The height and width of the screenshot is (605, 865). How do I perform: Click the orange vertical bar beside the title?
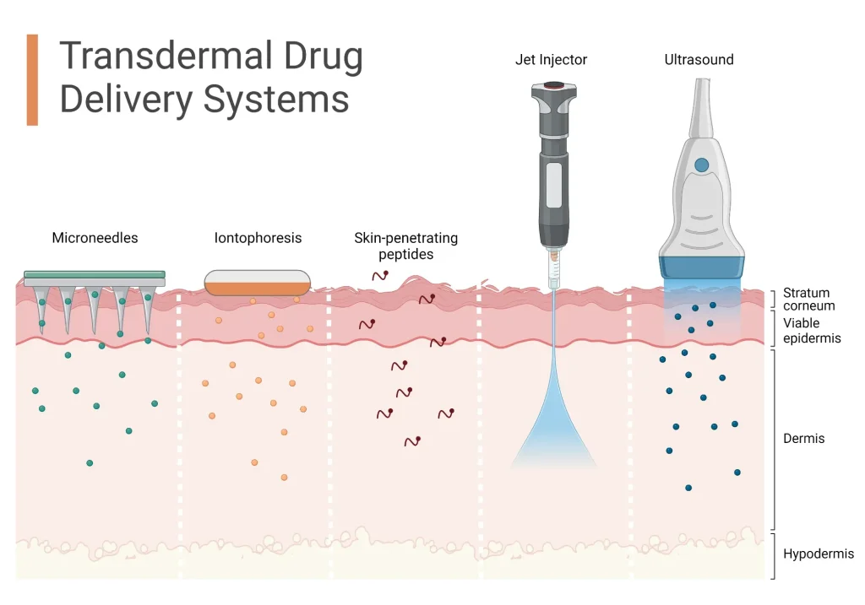(32, 80)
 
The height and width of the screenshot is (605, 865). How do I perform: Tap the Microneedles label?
(95, 238)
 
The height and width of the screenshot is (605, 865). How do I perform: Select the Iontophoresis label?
(258, 238)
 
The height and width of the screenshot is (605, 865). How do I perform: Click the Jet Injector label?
(551, 60)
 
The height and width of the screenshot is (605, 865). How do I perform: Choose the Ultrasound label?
(699, 60)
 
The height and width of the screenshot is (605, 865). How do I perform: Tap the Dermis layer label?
(803, 439)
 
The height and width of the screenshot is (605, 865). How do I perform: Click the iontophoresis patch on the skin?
(258, 283)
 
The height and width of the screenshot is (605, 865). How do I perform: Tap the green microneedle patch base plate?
(95, 275)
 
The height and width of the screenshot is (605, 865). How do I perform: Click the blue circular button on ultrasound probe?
(700, 165)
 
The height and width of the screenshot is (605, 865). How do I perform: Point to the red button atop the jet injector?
(553, 85)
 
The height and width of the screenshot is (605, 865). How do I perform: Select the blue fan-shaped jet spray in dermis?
(553, 430)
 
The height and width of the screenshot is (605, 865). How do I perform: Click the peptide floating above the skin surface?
(380, 275)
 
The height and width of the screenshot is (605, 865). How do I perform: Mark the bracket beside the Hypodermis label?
(774, 555)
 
